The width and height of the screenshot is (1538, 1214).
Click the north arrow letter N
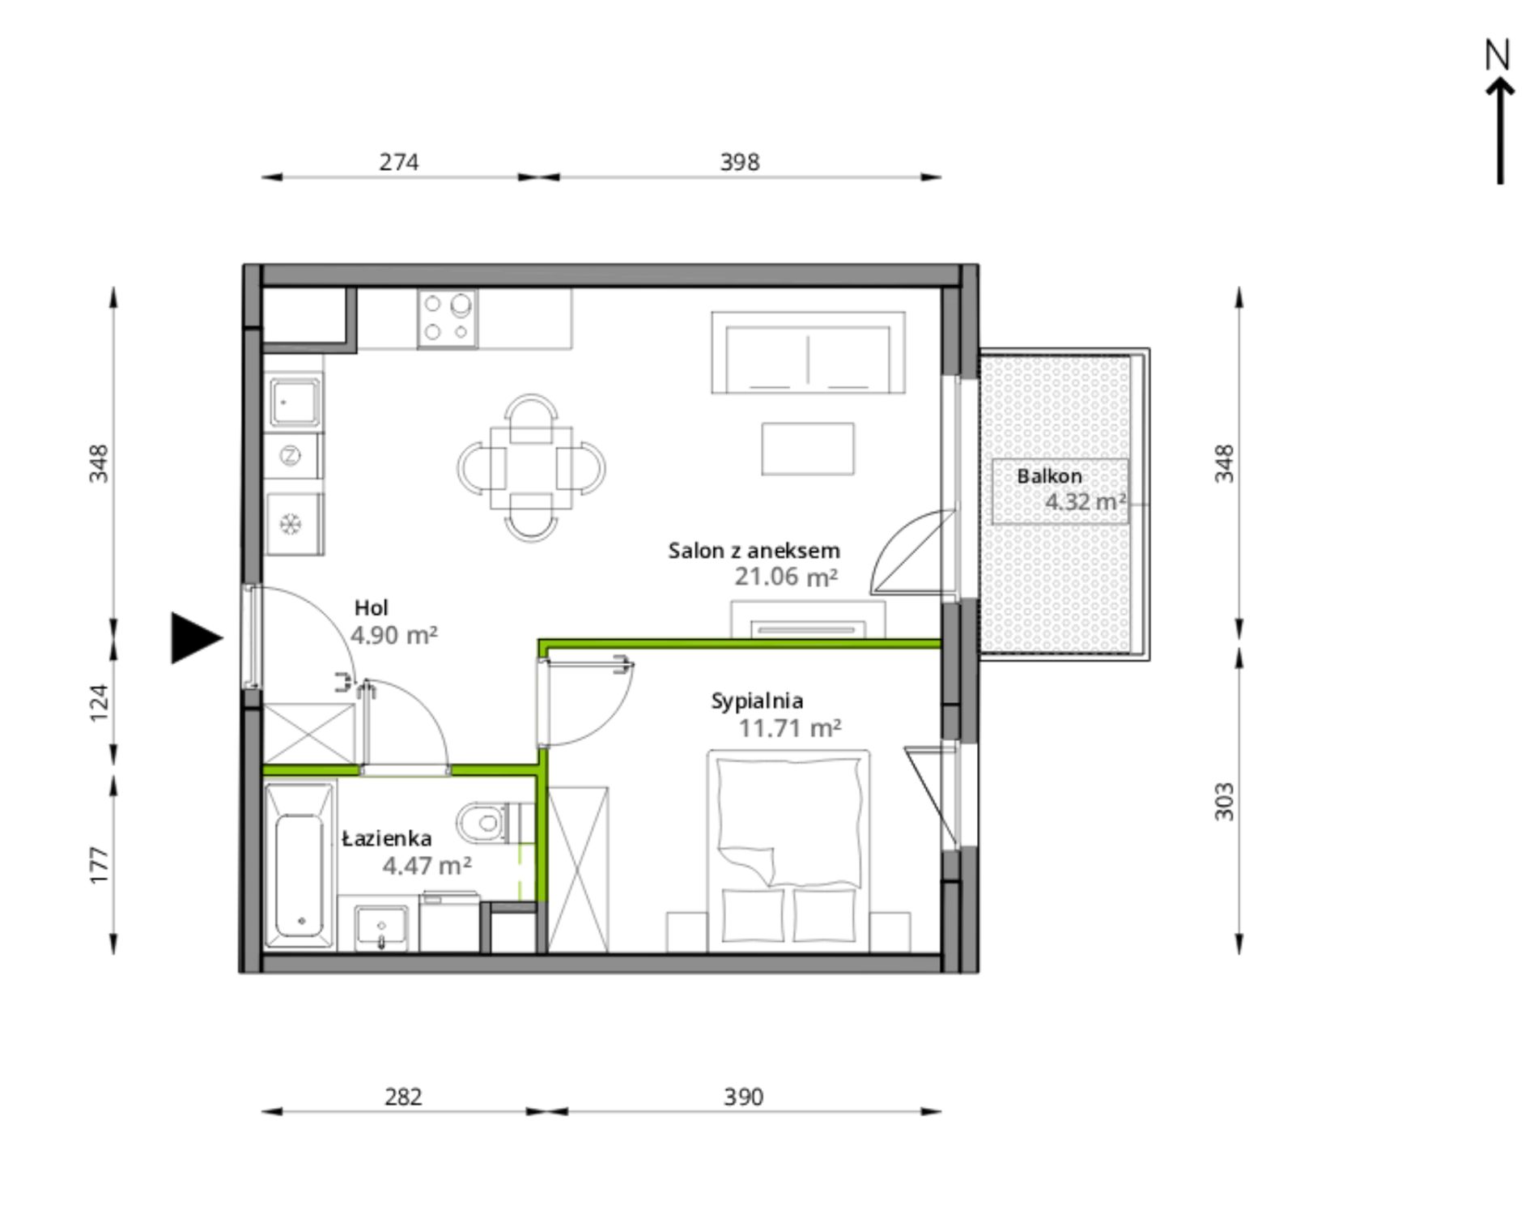pos(1498,54)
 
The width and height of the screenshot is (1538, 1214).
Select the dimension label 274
pos(399,162)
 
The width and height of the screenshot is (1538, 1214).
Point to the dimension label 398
pos(740,162)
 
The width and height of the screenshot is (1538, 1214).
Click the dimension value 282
pos(403,1097)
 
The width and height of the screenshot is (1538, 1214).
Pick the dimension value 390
pos(743,1097)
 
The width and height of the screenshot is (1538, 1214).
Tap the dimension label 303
pos(1225,802)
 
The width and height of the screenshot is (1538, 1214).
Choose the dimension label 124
pos(98,703)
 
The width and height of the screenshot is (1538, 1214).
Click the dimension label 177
pos(98,865)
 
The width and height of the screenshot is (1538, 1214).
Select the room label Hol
pos(371,607)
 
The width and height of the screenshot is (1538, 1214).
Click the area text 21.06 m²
pos(786,577)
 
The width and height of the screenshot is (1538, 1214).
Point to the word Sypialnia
pos(757,701)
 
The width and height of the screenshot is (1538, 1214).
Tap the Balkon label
pos(1049,475)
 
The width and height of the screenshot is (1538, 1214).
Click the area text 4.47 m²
pos(427,866)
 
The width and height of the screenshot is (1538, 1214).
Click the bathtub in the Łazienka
pos(300,864)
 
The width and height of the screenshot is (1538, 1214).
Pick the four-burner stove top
pos(447,319)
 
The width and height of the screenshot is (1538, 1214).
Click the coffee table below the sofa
pos(807,449)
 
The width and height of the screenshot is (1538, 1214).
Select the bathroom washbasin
pos(380,928)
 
